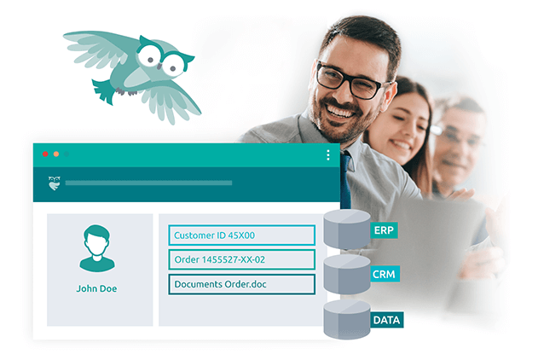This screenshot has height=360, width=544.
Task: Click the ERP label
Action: (385, 231)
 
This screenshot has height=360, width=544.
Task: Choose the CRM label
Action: (385, 276)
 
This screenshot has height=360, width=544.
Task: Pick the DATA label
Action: (385, 320)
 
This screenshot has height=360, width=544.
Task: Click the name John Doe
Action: (96, 288)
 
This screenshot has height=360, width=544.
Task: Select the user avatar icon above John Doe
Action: (96, 248)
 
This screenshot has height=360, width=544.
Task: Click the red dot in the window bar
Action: (45, 154)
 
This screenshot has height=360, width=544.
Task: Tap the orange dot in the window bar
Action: (56, 154)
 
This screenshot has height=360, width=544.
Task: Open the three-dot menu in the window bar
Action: (328, 155)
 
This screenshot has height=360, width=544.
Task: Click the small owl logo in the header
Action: (54, 183)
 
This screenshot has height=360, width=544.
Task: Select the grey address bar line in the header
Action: (148, 183)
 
